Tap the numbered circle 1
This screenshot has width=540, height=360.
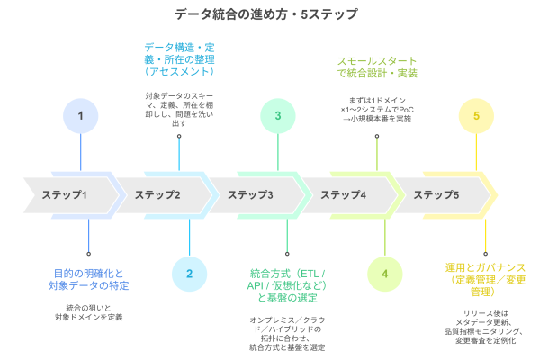tap(81, 115)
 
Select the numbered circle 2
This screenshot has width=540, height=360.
tap(189, 274)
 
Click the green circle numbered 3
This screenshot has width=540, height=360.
tap(278, 115)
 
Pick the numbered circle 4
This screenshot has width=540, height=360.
tap(385, 274)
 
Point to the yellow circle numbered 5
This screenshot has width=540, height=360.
tap(476, 115)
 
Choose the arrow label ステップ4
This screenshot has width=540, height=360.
tap(343, 195)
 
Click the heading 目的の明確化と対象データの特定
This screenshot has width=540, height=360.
tap(88, 279)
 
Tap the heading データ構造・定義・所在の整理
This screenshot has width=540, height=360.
tap(179, 58)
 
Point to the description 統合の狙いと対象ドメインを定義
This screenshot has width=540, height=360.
tap(88, 312)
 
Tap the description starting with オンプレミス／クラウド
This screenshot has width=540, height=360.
tap(287, 332)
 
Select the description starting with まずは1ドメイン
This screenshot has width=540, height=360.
tap(377, 109)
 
